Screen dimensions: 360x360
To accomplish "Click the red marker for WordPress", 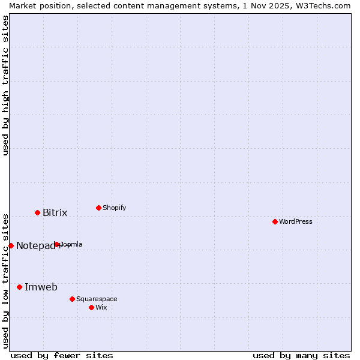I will coord(275,221).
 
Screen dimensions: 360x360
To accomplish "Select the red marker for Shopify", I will coord(98,208).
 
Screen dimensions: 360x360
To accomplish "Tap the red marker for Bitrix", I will coord(37,212).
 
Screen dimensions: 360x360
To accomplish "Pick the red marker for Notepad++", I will coord(11,245).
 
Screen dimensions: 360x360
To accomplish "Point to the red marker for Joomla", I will coord(57,244).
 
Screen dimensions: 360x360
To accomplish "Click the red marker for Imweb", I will coord(19,287).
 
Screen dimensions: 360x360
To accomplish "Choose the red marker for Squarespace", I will coord(72,299).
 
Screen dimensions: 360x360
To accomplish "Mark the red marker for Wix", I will coord(91,307).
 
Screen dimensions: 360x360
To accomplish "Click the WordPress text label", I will coord(296,221).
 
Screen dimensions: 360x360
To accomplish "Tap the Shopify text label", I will coord(115,208).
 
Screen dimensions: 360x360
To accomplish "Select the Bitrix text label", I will coord(55,213).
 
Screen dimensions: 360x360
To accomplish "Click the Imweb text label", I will coord(41,287).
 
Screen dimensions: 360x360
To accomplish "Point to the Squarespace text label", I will coord(97,299).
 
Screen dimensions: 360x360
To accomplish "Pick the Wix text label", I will coord(101,307).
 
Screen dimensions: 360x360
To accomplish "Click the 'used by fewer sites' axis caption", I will coord(62,355).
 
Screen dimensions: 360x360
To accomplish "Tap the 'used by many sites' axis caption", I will coord(301,355).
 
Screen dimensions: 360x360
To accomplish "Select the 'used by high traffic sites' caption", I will coord(5,86).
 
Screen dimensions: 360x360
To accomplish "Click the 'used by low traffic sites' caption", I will coord(5,280).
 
